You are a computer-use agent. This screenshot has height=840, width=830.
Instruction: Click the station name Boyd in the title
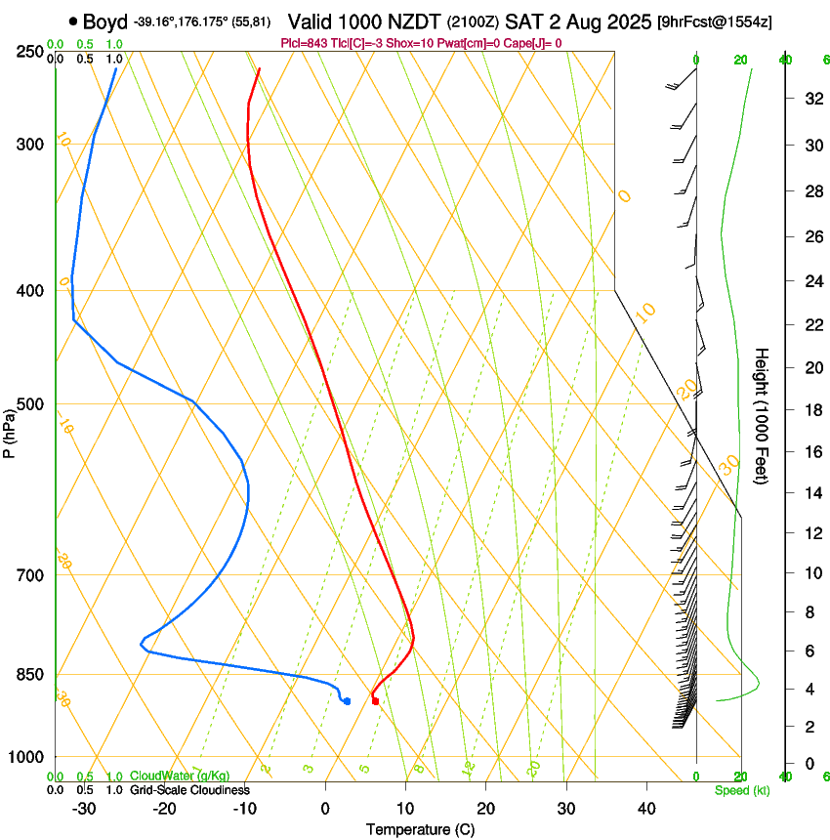[105, 21]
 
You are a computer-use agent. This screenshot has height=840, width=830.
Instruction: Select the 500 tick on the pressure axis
[29, 404]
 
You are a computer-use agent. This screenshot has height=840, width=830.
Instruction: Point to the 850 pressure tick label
[29, 675]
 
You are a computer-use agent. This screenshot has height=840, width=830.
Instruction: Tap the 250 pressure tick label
[29, 51]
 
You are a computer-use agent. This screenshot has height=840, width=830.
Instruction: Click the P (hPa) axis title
[10, 431]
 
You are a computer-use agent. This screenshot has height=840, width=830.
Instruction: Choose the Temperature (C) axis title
[420, 829]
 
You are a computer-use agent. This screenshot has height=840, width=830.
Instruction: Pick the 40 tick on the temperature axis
[645, 808]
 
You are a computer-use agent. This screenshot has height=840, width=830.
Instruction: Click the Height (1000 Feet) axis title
[763, 415]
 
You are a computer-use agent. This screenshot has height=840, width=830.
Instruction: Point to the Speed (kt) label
[741, 790]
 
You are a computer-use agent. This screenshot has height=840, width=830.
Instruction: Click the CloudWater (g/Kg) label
[181, 777]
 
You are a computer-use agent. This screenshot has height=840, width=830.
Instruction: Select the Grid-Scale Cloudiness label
[189, 790]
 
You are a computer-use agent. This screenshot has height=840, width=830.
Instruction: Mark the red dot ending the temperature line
[375, 700]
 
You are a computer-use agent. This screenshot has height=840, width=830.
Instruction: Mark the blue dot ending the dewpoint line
[347, 700]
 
